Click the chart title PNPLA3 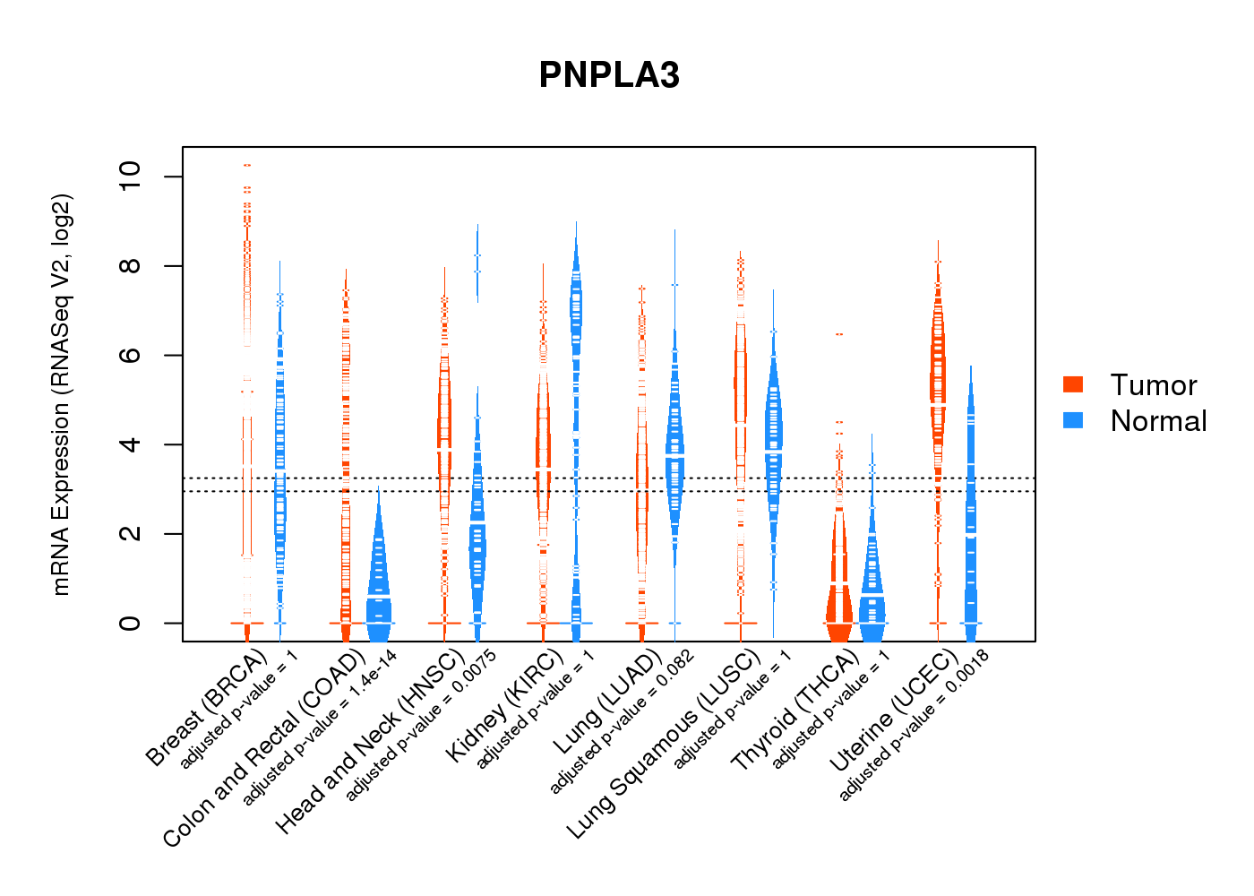point(609,75)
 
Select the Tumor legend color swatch point(1073,384)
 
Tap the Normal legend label point(1158,421)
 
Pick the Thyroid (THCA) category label point(796,711)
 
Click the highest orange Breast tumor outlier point point(247,166)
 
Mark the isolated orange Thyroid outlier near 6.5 point(839,334)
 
